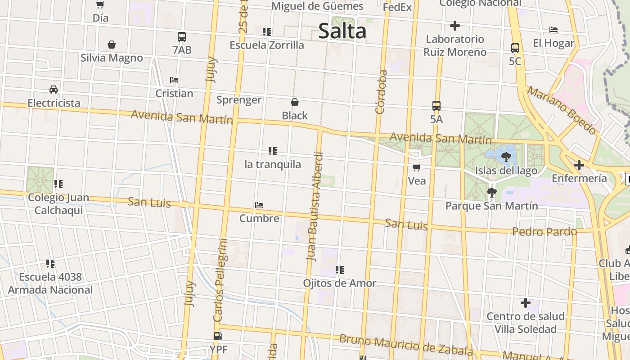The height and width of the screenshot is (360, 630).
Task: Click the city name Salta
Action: (342, 31)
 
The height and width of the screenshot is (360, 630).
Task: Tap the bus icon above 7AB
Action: (182, 37)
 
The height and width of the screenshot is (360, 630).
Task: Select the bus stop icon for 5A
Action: (436, 106)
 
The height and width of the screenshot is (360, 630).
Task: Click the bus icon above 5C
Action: (515, 48)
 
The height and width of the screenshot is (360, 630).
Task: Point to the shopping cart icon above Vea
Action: (417, 167)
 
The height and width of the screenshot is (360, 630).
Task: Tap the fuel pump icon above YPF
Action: (218, 336)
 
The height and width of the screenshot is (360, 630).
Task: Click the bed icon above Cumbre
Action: (259, 205)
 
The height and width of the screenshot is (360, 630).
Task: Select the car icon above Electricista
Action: (54, 89)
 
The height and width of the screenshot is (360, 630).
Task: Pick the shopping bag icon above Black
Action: (295, 102)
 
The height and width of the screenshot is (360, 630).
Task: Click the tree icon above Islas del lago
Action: (506, 157)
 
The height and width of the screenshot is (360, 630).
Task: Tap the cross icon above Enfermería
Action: (579, 165)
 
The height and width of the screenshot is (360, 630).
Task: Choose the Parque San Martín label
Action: (491, 206)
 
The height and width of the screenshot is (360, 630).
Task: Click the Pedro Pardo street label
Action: (544, 232)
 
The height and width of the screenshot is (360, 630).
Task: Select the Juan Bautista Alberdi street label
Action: (315, 207)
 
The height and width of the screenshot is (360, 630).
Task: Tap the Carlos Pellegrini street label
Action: (221, 280)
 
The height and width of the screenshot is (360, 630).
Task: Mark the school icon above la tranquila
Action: (272, 151)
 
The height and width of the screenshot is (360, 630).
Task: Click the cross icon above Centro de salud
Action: (525, 303)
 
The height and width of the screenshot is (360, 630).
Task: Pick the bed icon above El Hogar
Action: (553, 30)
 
